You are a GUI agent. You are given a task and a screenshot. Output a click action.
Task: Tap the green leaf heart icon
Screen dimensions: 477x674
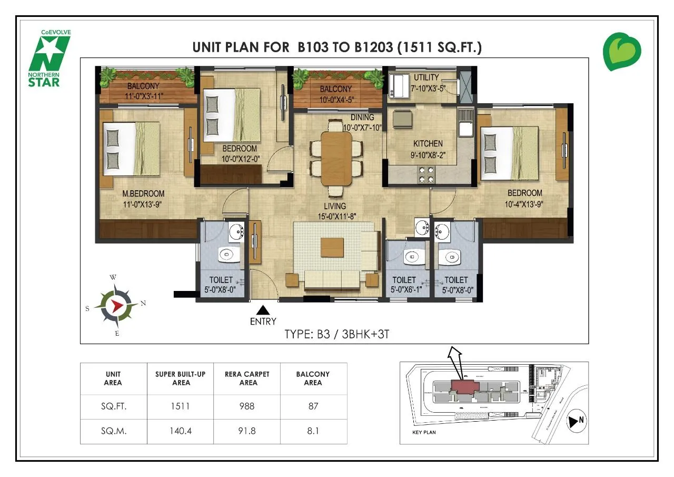[x=622, y=52]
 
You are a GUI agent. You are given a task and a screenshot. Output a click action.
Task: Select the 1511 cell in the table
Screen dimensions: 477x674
[x=180, y=406]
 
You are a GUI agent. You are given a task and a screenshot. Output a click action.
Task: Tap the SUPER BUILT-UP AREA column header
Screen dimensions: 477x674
[x=180, y=378]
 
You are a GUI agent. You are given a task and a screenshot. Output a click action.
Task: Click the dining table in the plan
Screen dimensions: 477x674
[x=336, y=158]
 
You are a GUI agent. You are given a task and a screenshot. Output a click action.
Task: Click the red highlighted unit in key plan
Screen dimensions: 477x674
[x=462, y=386]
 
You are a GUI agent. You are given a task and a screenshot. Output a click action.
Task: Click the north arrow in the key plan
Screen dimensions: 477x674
[x=575, y=421]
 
